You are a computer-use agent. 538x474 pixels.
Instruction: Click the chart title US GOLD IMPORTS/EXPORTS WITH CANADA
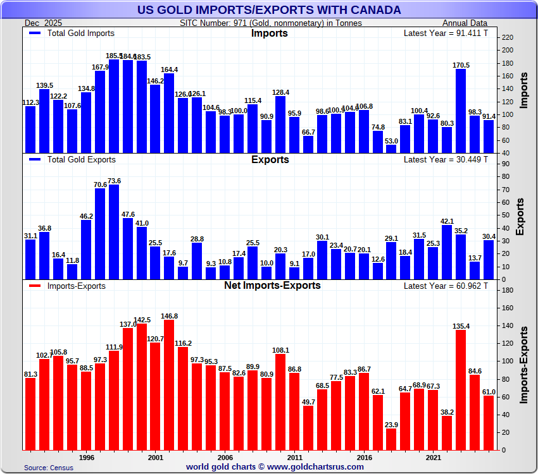pyautogui.click(x=269, y=9)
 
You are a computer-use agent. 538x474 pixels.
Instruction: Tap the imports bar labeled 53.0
pyautogui.click(x=391, y=149)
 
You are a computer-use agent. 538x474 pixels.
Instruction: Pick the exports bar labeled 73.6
pyautogui.click(x=114, y=232)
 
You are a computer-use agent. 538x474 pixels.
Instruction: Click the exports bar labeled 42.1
pyautogui.click(x=447, y=252)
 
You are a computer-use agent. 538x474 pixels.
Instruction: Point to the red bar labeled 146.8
pyautogui.click(x=169, y=385)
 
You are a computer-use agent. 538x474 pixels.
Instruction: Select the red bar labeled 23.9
pyautogui.click(x=391, y=439)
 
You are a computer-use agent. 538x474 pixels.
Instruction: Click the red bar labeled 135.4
pyautogui.click(x=461, y=390)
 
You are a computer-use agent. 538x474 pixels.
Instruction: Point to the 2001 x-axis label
pyautogui.click(x=156, y=457)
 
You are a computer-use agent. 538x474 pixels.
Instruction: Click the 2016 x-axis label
pyautogui.click(x=364, y=457)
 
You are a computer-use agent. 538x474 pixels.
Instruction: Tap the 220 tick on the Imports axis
pyautogui.click(x=507, y=37)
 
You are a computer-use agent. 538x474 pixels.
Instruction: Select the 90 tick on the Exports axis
pyautogui.click(x=505, y=164)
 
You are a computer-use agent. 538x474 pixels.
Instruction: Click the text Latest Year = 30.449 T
pyautogui.click(x=446, y=159)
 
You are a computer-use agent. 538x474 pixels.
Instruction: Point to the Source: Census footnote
pyautogui.click(x=49, y=468)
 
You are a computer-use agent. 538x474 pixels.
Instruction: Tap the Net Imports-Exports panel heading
pyautogui.click(x=272, y=285)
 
